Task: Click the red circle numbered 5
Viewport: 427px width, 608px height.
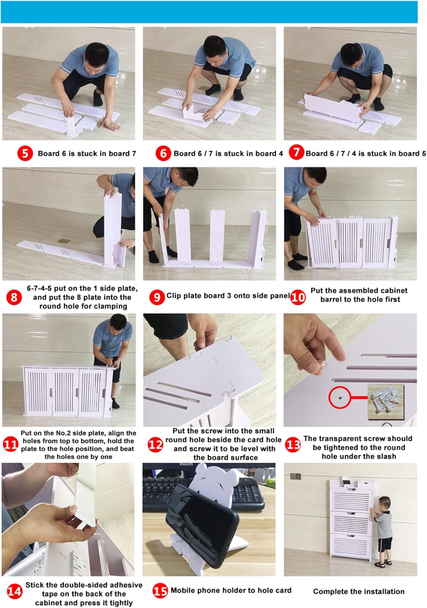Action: pyautogui.click(x=25, y=153)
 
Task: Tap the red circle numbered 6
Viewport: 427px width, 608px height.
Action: pyautogui.click(x=163, y=153)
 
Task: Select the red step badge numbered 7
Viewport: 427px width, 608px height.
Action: pyautogui.click(x=296, y=152)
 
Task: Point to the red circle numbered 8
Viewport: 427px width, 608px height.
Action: pyautogui.click(x=14, y=297)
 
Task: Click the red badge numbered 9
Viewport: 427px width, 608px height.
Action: pyautogui.click(x=157, y=297)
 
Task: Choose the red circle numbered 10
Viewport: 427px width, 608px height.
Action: pyautogui.click(x=298, y=298)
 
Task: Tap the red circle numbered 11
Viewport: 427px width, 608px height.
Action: pyautogui.click(x=11, y=445)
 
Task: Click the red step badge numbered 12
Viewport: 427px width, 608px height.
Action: pyautogui.click(x=155, y=445)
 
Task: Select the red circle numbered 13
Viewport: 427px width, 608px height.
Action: pyautogui.click(x=293, y=445)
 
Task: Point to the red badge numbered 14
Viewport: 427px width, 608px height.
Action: pyautogui.click(x=14, y=591)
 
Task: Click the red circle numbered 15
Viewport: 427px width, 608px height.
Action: pyautogui.click(x=160, y=591)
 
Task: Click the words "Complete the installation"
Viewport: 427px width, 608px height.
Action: pyautogui.click(x=358, y=591)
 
